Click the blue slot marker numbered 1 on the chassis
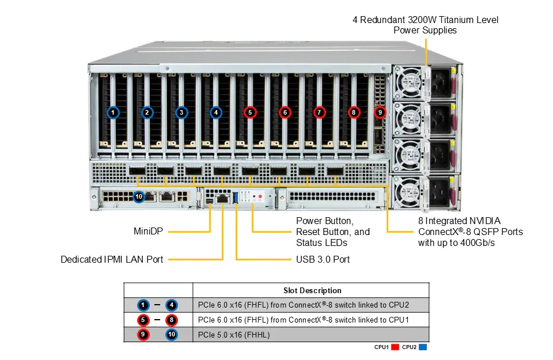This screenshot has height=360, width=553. tap(113, 112)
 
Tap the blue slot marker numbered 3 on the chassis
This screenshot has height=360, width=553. tap(181, 112)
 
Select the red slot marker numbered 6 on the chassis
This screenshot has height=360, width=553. tap(285, 112)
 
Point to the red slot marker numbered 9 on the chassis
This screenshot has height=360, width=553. tap(380, 112)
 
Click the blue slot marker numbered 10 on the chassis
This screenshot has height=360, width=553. tap(139, 196)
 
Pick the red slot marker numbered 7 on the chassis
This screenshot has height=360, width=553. tap(319, 112)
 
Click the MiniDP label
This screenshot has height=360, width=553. tap(148, 232)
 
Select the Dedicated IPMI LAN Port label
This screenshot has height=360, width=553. tap(112, 260)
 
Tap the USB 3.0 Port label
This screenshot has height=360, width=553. tap(323, 260)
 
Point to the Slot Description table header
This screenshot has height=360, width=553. tap(312, 290)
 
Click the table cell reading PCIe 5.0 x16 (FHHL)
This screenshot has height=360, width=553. tap(234, 335)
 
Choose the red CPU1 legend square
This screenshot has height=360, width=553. tap(395, 347)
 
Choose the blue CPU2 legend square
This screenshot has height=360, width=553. tap(422, 347)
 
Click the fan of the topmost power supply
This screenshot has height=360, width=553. tap(408, 83)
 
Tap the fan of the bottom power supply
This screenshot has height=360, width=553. tap(408, 192)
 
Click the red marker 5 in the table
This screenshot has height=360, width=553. tap(143, 320)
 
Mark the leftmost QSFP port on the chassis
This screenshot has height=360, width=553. tap(137, 171)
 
